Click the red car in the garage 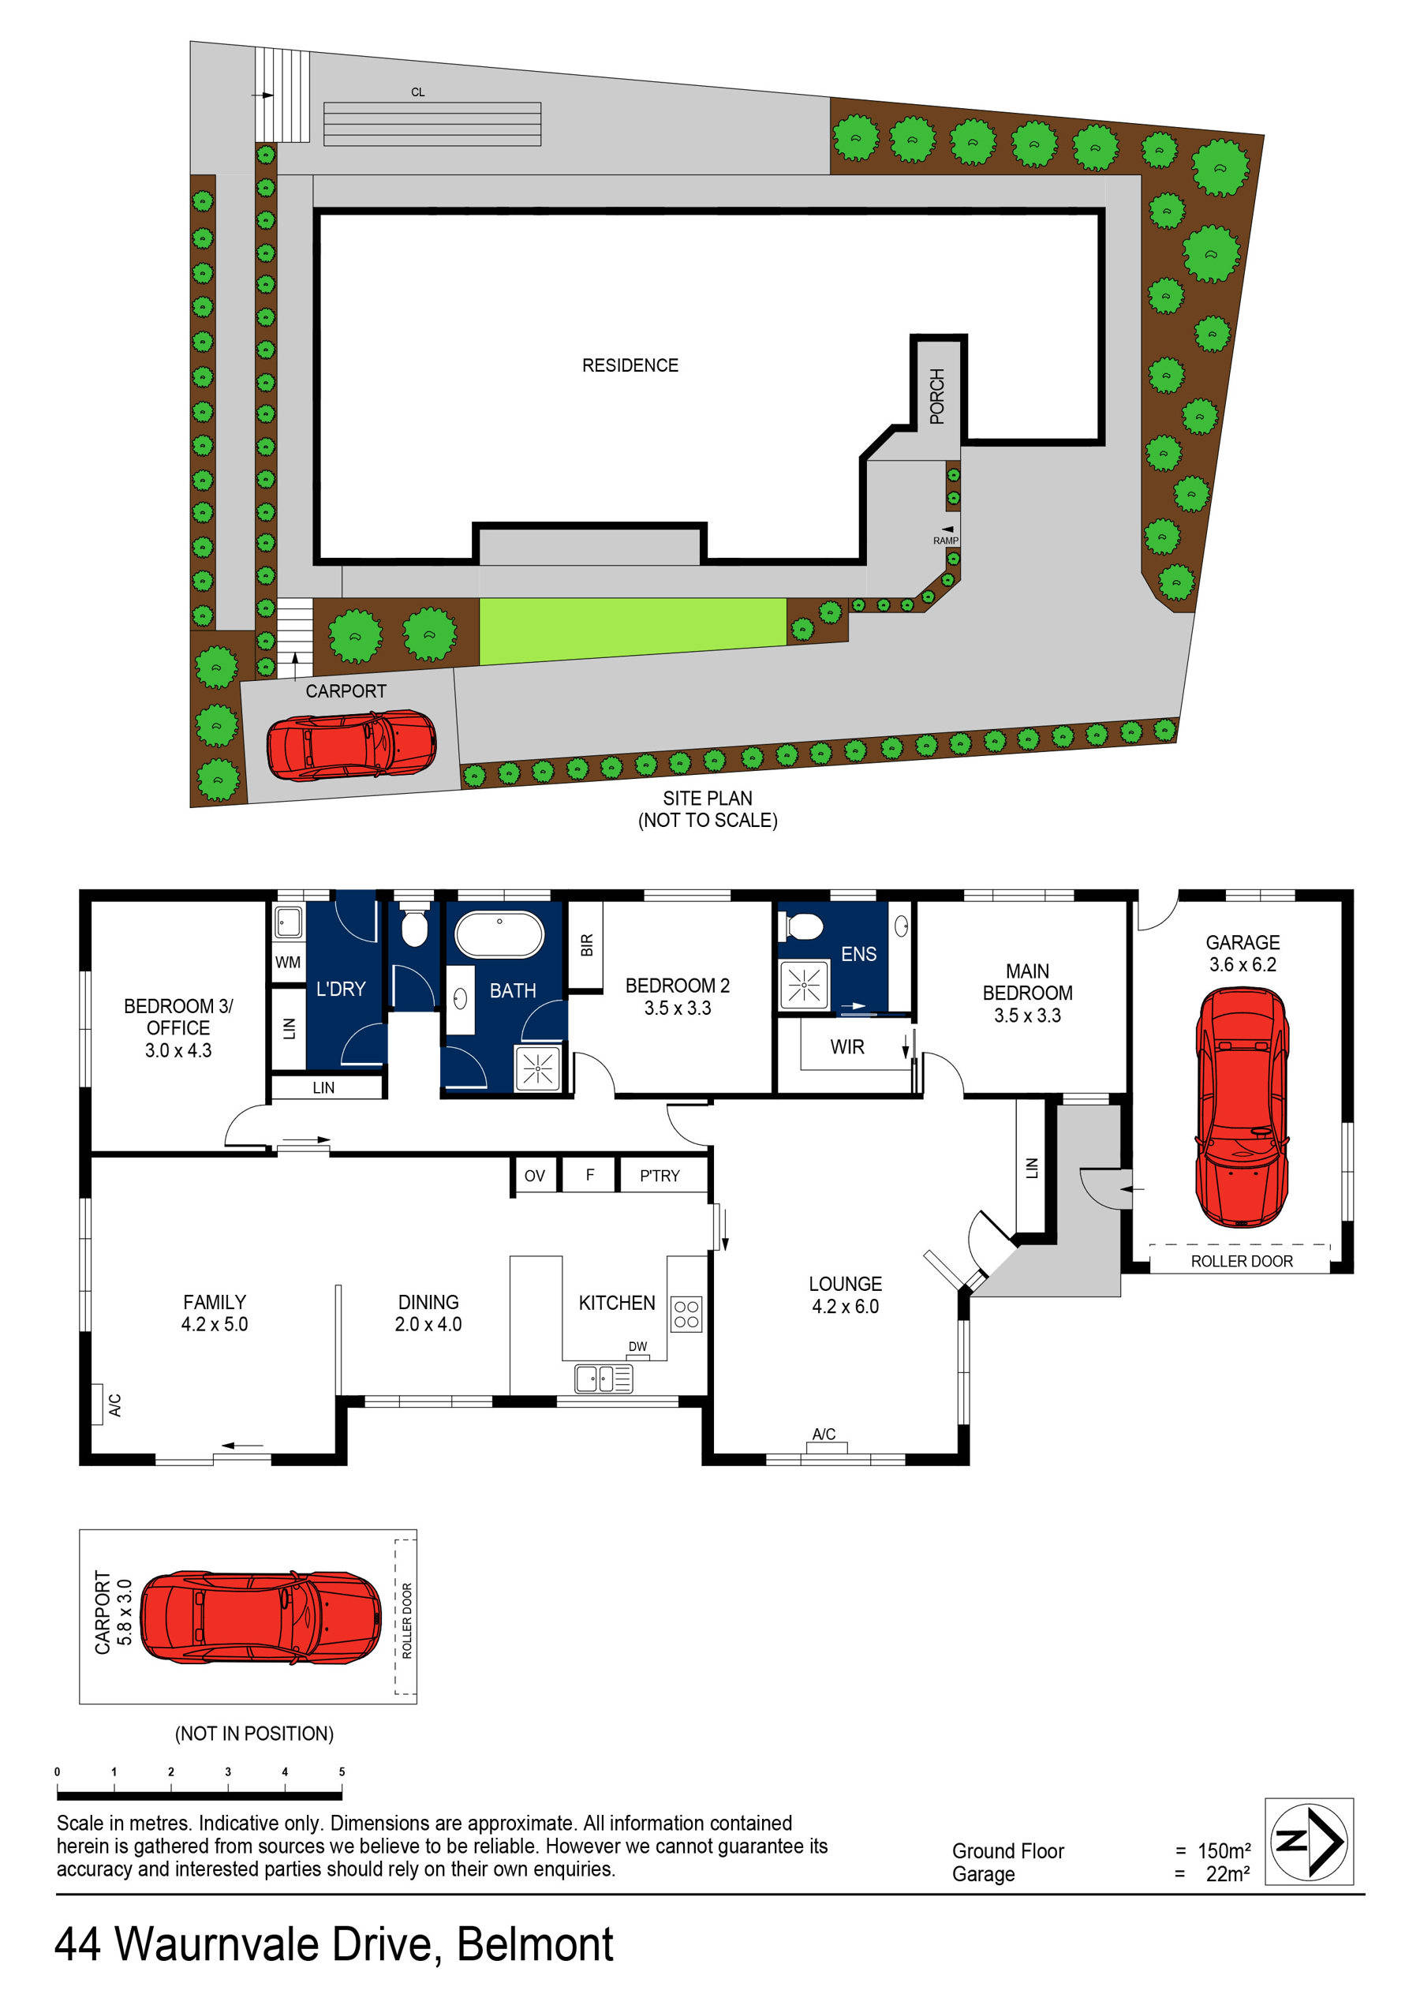[1241, 1106]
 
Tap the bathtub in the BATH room [499, 933]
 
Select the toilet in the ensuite [802, 926]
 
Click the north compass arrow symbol [1309, 1841]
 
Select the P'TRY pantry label [659, 1176]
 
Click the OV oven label [534, 1176]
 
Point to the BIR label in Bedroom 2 [586, 945]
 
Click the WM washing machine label [287, 963]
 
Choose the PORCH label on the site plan [937, 396]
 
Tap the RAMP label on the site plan [945, 541]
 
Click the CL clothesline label [417, 92]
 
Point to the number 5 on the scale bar [342, 1771]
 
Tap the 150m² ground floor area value [1223, 1850]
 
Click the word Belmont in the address [535, 1945]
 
